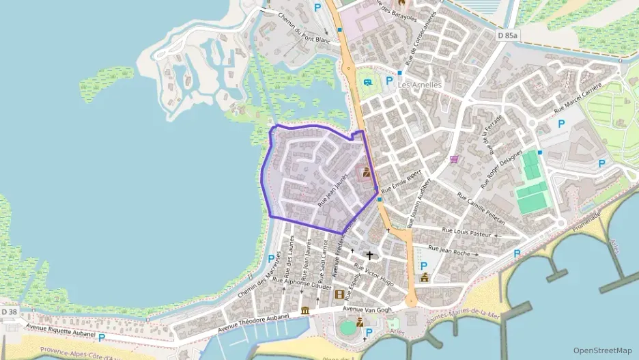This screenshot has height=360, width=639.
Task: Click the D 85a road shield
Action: coord(507,35)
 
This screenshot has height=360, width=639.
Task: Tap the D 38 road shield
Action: coord(9,312)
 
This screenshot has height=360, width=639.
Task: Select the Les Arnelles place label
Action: coord(420,85)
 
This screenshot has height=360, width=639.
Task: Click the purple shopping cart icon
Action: coord(454,160)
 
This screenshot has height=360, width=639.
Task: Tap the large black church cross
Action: coord(370,255)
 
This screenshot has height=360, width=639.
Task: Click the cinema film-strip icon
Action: coord(339,294)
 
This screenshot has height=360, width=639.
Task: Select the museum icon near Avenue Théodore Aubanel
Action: coord(304,311)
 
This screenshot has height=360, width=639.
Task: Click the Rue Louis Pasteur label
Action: coord(467,232)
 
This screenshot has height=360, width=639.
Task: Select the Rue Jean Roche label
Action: coord(449,250)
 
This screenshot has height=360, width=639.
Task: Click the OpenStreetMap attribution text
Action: coord(602,350)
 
